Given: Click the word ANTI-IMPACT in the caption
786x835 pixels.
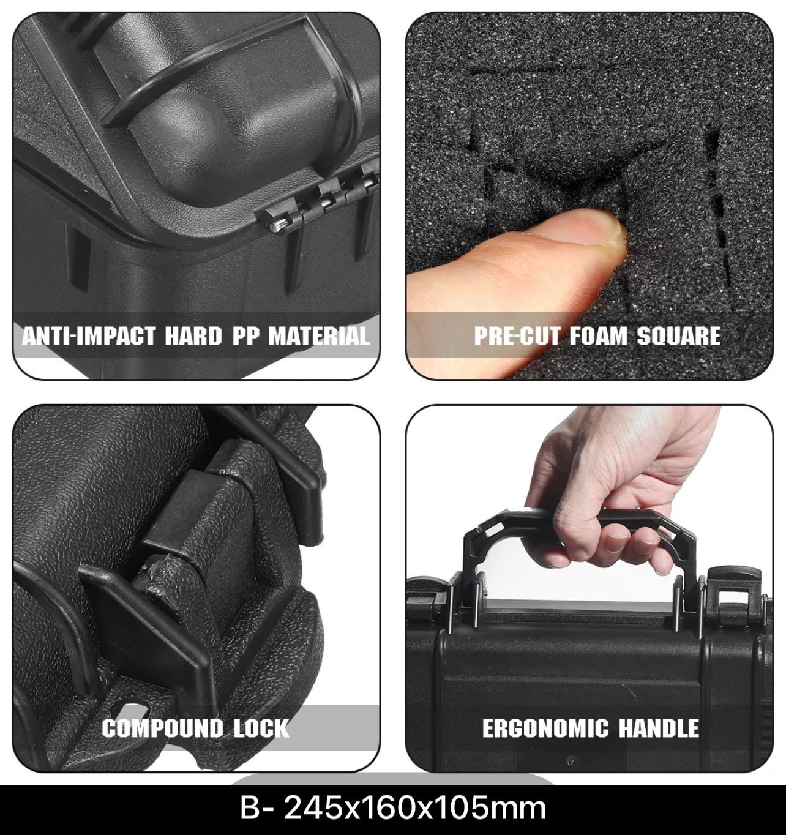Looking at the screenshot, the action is click(89, 336).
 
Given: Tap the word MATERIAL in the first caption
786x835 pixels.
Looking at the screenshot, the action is click(319, 336).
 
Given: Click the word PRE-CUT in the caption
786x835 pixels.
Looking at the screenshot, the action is click(517, 336).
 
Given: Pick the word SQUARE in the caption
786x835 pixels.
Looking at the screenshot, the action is click(678, 336).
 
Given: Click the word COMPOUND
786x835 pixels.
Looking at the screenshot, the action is click(162, 728).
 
